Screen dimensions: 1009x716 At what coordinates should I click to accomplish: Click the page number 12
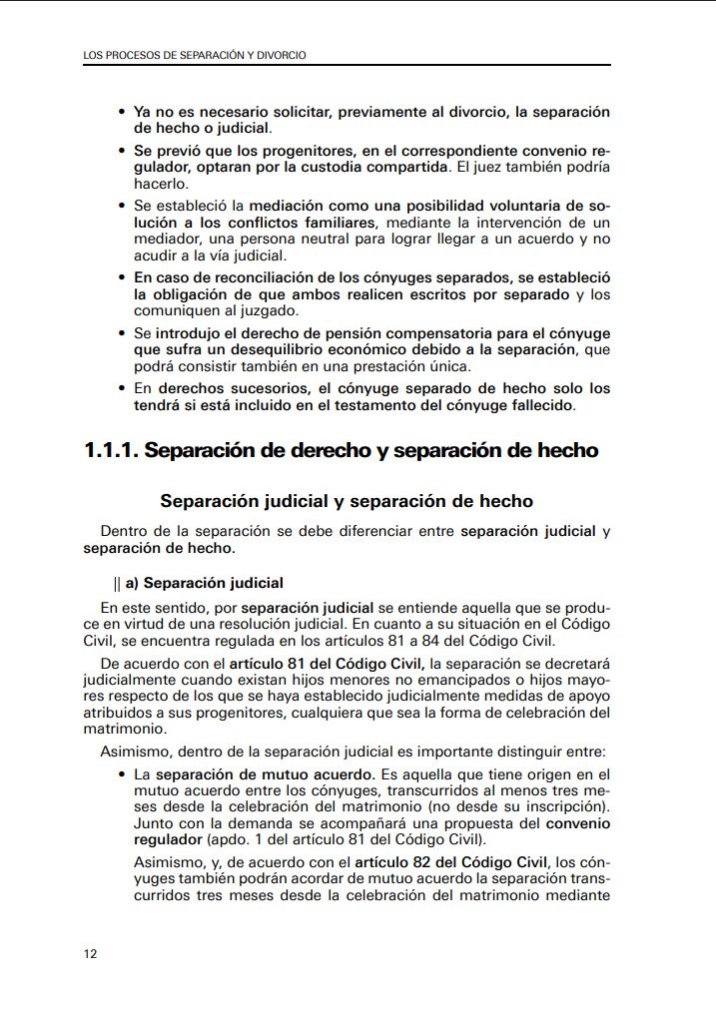(x=90, y=954)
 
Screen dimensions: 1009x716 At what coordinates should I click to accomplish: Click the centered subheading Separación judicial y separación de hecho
(x=347, y=501)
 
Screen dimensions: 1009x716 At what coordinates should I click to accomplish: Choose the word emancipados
(x=430, y=679)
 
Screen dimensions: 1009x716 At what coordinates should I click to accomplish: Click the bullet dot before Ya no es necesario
(x=122, y=113)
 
